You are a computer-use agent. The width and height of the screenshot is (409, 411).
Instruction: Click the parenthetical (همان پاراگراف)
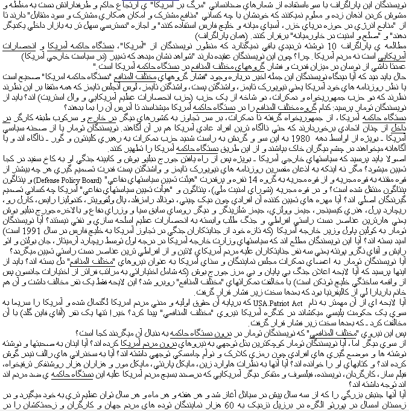click(184, 36)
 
